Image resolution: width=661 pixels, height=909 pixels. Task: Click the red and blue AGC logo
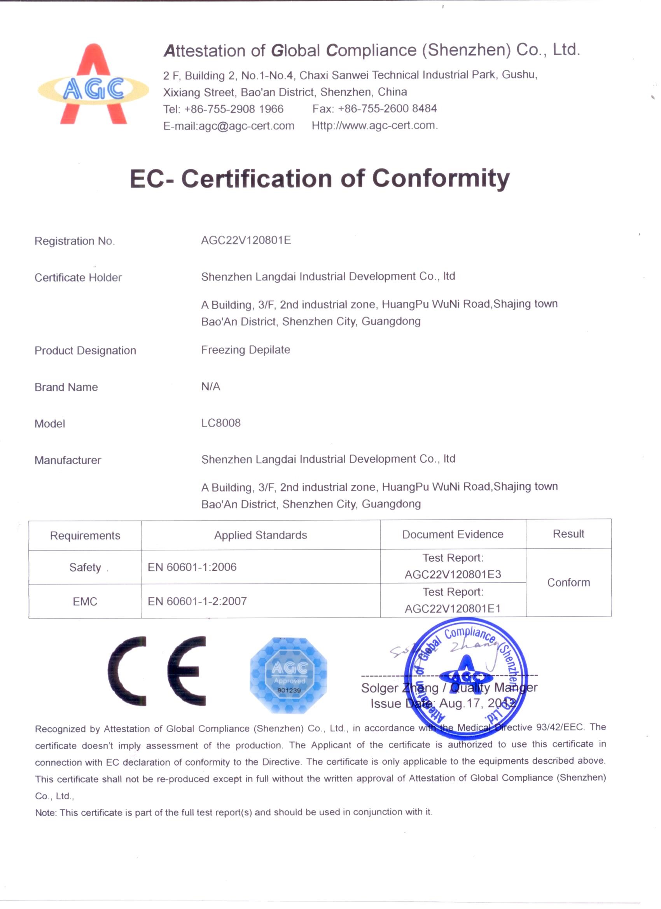click(x=93, y=85)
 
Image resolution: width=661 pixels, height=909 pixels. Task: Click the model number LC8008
click(x=221, y=423)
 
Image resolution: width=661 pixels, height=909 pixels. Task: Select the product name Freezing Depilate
click(x=245, y=350)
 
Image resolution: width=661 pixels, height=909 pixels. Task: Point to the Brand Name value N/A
click(x=210, y=386)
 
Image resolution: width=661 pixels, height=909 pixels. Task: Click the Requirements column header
click(x=85, y=535)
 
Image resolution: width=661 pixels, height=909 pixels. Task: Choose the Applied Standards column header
click(x=261, y=535)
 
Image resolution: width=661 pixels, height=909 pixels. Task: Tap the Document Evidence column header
click(x=453, y=534)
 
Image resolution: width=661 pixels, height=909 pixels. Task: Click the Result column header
click(x=568, y=534)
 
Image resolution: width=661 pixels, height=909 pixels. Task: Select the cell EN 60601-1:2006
click(x=192, y=567)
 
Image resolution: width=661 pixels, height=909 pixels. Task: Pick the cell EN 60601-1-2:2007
click(x=197, y=601)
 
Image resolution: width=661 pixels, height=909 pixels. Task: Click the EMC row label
click(x=85, y=601)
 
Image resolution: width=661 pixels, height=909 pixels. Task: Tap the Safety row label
click(x=85, y=568)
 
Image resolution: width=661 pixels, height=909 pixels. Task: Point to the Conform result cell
click(x=568, y=582)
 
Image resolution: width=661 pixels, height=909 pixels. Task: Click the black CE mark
click(x=157, y=671)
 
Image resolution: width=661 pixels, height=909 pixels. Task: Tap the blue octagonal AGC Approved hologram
click(x=289, y=675)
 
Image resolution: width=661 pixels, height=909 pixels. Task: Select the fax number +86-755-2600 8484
click(x=387, y=108)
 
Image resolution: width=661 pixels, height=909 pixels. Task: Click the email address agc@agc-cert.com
click(x=246, y=126)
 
